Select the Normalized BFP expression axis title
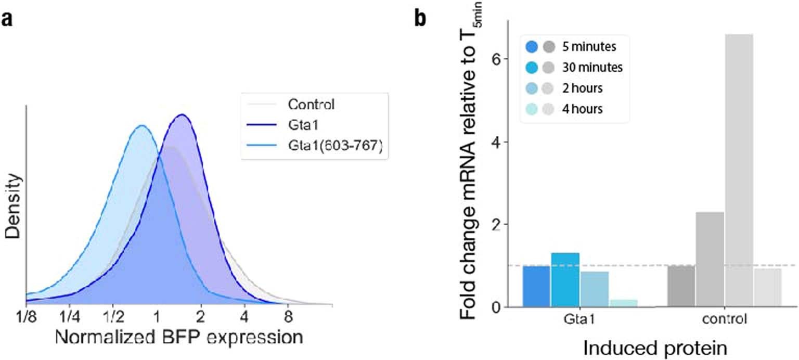click(x=178, y=338)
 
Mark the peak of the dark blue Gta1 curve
click(x=182, y=115)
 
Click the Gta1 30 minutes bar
click(x=565, y=279)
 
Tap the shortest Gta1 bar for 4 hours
click(x=623, y=303)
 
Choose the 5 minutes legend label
click(x=589, y=47)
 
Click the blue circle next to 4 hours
click(x=533, y=110)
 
